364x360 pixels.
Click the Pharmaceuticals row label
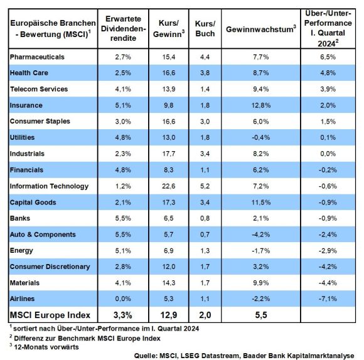37,57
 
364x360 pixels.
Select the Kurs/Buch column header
205,28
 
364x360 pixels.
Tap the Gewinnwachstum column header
261,29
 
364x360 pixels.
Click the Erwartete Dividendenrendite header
123,28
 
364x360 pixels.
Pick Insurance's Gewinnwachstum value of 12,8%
261,105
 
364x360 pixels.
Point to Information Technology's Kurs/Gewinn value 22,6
169,186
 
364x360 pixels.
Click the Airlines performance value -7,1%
328,299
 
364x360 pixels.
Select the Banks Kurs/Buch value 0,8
205,218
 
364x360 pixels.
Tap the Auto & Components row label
43,235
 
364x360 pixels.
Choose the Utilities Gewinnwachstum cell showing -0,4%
261,137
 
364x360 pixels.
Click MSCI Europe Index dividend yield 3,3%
123,315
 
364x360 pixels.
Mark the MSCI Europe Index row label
50,315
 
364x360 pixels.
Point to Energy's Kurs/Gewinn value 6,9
169,251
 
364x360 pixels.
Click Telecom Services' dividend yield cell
123,89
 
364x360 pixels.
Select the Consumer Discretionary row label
50,267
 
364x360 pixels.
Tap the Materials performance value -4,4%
328,283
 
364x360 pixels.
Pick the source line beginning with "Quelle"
244,356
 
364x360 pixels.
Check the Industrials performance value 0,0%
328,154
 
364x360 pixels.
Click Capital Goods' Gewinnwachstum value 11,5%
261,203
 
